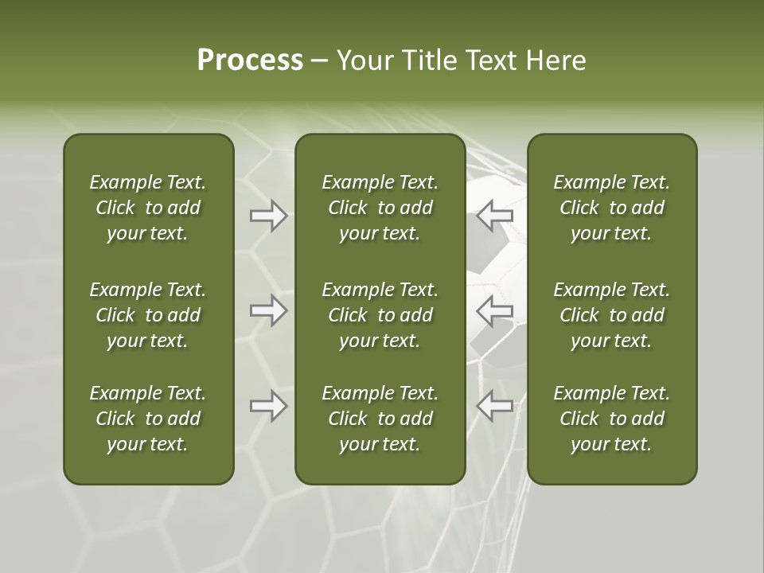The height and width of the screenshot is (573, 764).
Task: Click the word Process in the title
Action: (250, 60)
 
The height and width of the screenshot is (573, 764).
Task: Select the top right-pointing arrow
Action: (269, 216)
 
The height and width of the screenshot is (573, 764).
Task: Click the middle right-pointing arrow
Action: (269, 310)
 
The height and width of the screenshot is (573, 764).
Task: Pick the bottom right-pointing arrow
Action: (269, 406)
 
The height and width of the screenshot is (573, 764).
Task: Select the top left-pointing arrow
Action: (495, 215)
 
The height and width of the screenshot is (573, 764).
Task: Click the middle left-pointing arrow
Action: (495, 310)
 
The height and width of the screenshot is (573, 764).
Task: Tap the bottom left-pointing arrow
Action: (495, 406)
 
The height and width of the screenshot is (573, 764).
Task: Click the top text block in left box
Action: (148, 208)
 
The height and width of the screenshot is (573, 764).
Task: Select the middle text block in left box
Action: (148, 315)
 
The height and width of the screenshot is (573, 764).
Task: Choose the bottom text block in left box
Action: (148, 419)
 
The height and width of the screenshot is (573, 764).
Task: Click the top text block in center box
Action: (380, 208)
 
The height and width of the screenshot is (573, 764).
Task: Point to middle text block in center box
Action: (380, 315)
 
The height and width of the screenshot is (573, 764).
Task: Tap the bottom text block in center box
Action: (380, 419)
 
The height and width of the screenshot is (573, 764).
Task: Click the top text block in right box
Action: (611, 208)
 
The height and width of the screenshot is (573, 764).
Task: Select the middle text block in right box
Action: (611, 315)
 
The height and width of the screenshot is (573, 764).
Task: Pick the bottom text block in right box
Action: (611, 419)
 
